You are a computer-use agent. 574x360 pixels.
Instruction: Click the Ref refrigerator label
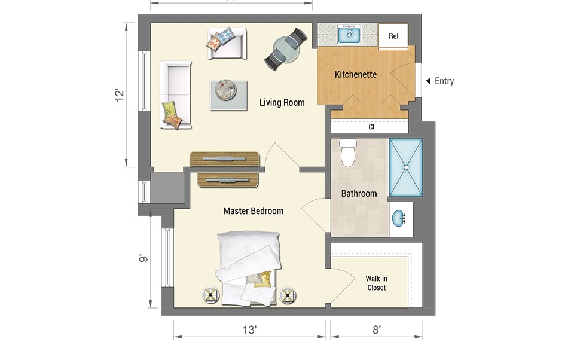pyautogui.click(x=393, y=36)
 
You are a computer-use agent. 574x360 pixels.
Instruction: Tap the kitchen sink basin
pyautogui.click(x=349, y=35)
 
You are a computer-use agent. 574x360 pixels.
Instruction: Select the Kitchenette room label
pyautogui.click(x=355, y=74)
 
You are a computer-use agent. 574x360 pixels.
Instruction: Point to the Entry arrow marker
pyautogui.click(x=428, y=81)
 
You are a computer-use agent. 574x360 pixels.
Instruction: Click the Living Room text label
pyautogui.click(x=282, y=102)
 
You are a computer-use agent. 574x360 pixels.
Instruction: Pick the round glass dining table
pyautogui.click(x=286, y=50)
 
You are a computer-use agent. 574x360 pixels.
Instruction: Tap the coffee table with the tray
pyautogui.click(x=228, y=95)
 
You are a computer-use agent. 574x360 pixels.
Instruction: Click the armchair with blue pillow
pyautogui.click(x=227, y=43)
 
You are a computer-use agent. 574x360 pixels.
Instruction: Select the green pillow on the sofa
pyautogui.click(x=169, y=108)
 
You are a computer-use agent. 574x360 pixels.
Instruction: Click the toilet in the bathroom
pyautogui.click(x=348, y=152)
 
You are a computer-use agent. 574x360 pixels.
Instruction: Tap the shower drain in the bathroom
pyautogui.click(x=405, y=167)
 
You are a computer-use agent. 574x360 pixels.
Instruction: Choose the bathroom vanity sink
pyautogui.click(x=398, y=219)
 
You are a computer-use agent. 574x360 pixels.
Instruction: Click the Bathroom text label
pyautogui.click(x=359, y=193)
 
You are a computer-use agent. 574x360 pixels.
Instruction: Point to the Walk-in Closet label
pyautogui.click(x=376, y=283)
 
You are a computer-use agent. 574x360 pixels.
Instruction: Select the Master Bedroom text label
pyautogui.click(x=254, y=211)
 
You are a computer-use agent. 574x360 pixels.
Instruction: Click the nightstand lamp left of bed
pyautogui.click(x=211, y=294)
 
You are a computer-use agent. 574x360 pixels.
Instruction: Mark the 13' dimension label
pyautogui.click(x=249, y=330)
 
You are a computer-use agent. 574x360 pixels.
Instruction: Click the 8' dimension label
pyautogui.click(x=377, y=330)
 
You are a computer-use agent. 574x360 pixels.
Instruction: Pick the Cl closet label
pyautogui.click(x=371, y=127)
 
